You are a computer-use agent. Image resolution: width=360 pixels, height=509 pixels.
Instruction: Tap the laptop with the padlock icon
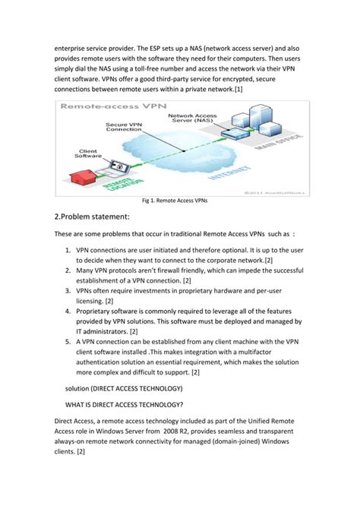click(x=118, y=165)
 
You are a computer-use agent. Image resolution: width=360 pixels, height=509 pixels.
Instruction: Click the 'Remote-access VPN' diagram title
click(x=102, y=108)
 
